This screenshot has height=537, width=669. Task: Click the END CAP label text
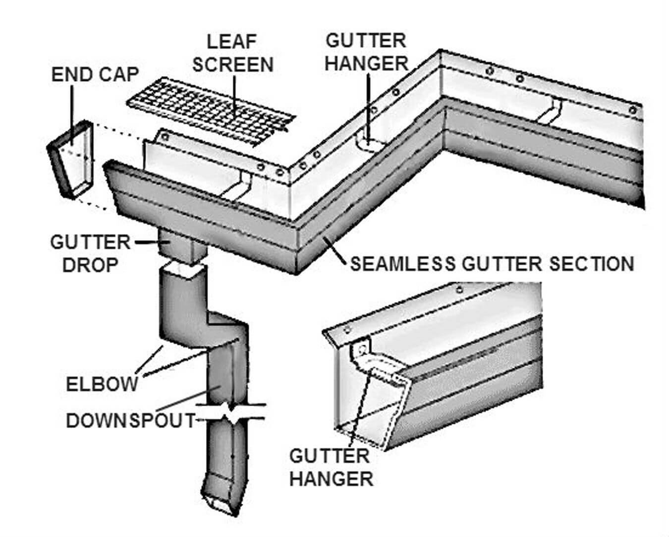[95, 74]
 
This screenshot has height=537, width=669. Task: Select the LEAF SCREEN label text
[232, 53]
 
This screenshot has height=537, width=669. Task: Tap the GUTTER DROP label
[90, 253]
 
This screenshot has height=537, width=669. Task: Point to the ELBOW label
[102, 384]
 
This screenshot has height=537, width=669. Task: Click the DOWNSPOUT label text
[131, 420]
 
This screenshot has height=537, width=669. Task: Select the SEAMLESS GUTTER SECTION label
[492, 264]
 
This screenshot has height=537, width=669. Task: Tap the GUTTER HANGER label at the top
[366, 52]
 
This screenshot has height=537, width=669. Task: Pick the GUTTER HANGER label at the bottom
[331, 467]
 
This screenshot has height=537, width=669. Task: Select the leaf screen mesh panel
[211, 112]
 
